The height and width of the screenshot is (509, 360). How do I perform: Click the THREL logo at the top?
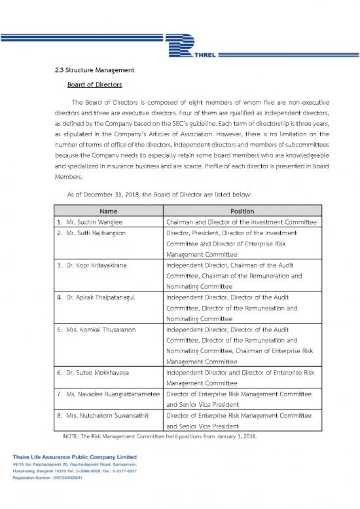pos(196,45)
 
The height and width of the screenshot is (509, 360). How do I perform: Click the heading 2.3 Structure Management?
pos(94,70)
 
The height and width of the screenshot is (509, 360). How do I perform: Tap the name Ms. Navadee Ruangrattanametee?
pos(108,394)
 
